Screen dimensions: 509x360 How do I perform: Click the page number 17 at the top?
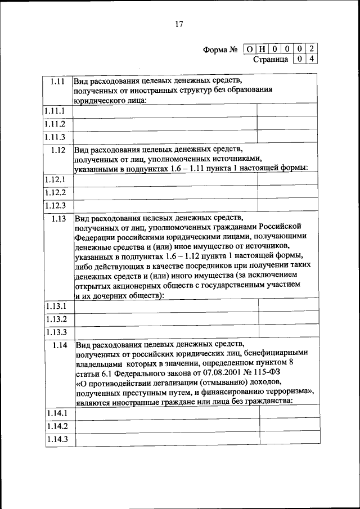point(179,24)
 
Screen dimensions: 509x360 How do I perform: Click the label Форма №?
point(222,49)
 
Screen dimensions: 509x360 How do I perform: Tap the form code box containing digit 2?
point(312,49)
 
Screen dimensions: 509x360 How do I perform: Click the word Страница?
point(271,58)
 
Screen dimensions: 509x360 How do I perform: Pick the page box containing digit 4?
point(312,58)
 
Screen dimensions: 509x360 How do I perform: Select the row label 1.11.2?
point(55,124)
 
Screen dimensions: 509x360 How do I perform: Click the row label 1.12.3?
point(56,205)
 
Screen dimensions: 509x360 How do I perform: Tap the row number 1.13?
point(58,219)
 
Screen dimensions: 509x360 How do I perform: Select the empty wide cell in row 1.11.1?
point(165,111)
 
